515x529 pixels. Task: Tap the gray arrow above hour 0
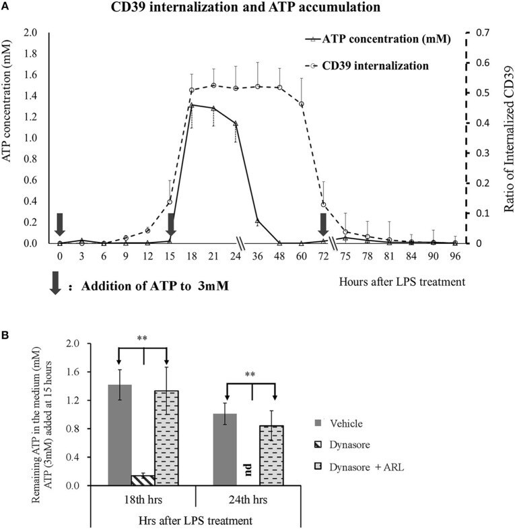(60, 224)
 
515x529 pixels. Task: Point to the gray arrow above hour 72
(324, 224)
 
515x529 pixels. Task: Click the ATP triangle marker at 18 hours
(192, 106)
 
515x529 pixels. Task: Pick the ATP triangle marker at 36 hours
(257, 221)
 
